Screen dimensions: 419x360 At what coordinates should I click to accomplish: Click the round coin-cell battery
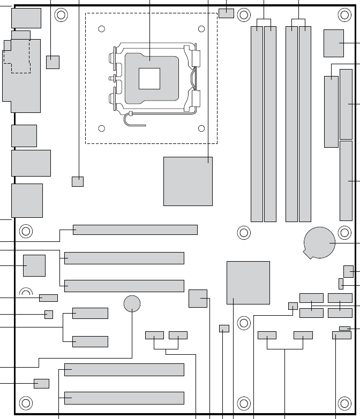tap(319, 242)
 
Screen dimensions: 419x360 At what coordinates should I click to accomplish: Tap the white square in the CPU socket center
tap(149, 78)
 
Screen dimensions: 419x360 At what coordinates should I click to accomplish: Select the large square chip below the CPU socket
tap(187, 181)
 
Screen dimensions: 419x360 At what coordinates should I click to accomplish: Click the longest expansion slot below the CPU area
tap(135, 230)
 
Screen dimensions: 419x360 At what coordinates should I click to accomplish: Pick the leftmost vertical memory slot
tap(257, 124)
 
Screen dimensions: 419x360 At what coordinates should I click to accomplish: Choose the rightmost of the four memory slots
tap(305, 124)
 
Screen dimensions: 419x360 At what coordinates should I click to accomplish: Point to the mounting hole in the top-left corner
tap(61, 14)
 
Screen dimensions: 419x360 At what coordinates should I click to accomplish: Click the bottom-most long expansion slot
tap(124, 398)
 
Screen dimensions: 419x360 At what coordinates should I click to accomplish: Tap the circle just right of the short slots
tap(132, 304)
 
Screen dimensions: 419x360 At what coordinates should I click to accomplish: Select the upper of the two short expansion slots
tap(90, 313)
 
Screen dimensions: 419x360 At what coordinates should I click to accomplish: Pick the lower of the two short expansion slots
tap(90, 341)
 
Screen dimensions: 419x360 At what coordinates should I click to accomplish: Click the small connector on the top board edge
tap(227, 12)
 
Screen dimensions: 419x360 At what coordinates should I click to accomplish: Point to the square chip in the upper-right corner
tap(334, 43)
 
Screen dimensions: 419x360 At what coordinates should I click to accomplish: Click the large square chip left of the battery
tap(248, 283)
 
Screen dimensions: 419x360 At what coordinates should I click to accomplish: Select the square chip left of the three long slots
tap(34, 265)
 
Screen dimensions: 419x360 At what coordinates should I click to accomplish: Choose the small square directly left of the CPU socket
tap(52, 62)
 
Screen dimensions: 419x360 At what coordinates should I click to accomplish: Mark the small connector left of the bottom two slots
tap(41, 384)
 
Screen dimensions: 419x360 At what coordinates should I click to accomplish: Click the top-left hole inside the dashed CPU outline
tap(101, 28)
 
